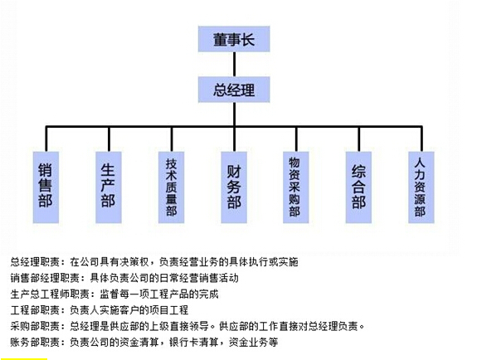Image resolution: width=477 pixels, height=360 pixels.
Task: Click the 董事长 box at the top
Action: (234, 39)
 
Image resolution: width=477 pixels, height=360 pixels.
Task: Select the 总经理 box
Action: (234, 90)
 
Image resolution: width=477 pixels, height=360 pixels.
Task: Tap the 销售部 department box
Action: (46, 187)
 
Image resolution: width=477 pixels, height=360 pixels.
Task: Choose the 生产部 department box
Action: (109, 187)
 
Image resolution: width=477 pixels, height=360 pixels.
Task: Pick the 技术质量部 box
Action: (171, 187)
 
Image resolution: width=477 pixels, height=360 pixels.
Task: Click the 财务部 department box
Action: (234, 187)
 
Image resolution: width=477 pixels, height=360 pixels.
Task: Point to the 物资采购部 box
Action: (296, 187)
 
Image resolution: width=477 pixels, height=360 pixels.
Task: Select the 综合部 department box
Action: (358, 187)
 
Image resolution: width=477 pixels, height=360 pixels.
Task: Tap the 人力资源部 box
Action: (421, 187)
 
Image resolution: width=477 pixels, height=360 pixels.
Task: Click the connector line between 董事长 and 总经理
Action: (234, 64)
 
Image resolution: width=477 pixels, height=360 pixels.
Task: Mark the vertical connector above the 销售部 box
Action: (46, 139)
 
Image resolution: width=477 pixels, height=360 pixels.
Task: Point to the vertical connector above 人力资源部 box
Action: (421, 139)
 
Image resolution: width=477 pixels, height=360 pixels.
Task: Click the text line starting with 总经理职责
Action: (154, 262)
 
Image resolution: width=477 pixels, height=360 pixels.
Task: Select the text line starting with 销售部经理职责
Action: (124, 278)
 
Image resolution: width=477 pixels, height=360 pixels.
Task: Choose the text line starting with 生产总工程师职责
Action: (114, 294)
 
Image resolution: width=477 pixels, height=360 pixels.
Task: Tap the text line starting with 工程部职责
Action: (100, 310)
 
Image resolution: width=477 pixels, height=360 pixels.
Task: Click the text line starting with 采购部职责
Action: (187, 326)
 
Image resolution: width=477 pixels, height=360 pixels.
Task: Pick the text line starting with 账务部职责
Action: (144, 343)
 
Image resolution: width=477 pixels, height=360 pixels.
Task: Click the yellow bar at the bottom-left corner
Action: (24, 359)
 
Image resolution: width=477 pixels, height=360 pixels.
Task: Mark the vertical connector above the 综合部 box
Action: (359, 139)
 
